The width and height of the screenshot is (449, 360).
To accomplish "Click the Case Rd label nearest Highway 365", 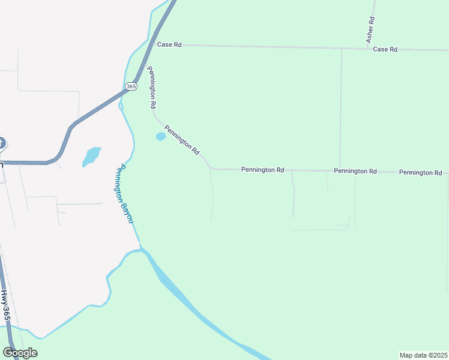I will tap(169, 44).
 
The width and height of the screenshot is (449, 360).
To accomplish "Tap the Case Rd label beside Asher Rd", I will tap(385, 49).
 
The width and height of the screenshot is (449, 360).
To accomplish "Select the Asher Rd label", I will tap(371, 28).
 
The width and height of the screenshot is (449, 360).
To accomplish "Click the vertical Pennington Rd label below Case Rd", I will tap(152, 87).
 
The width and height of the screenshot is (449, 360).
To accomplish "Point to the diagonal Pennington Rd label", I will tap(182, 140).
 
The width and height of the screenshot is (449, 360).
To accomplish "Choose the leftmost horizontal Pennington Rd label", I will tap(262, 170).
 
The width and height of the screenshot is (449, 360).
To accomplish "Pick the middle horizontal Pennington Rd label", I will tap(355, 171).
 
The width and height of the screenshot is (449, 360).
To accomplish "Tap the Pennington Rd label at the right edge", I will tap(420, 172).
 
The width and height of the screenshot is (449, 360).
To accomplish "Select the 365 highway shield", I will tap(131, 86).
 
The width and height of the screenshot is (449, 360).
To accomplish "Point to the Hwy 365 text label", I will tap(5, 305).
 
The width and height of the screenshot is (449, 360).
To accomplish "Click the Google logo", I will tap(20, 353).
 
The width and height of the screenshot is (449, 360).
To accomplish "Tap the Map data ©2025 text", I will tap(423, 355).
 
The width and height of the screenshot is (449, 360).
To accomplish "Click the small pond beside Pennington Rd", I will tap(161, 137).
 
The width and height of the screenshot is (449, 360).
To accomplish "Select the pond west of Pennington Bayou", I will tap(91, 156).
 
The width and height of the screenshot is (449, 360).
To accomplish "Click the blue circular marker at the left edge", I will tap(1, 143).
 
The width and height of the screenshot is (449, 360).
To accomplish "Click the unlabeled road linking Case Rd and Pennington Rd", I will tap(341, 108).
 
